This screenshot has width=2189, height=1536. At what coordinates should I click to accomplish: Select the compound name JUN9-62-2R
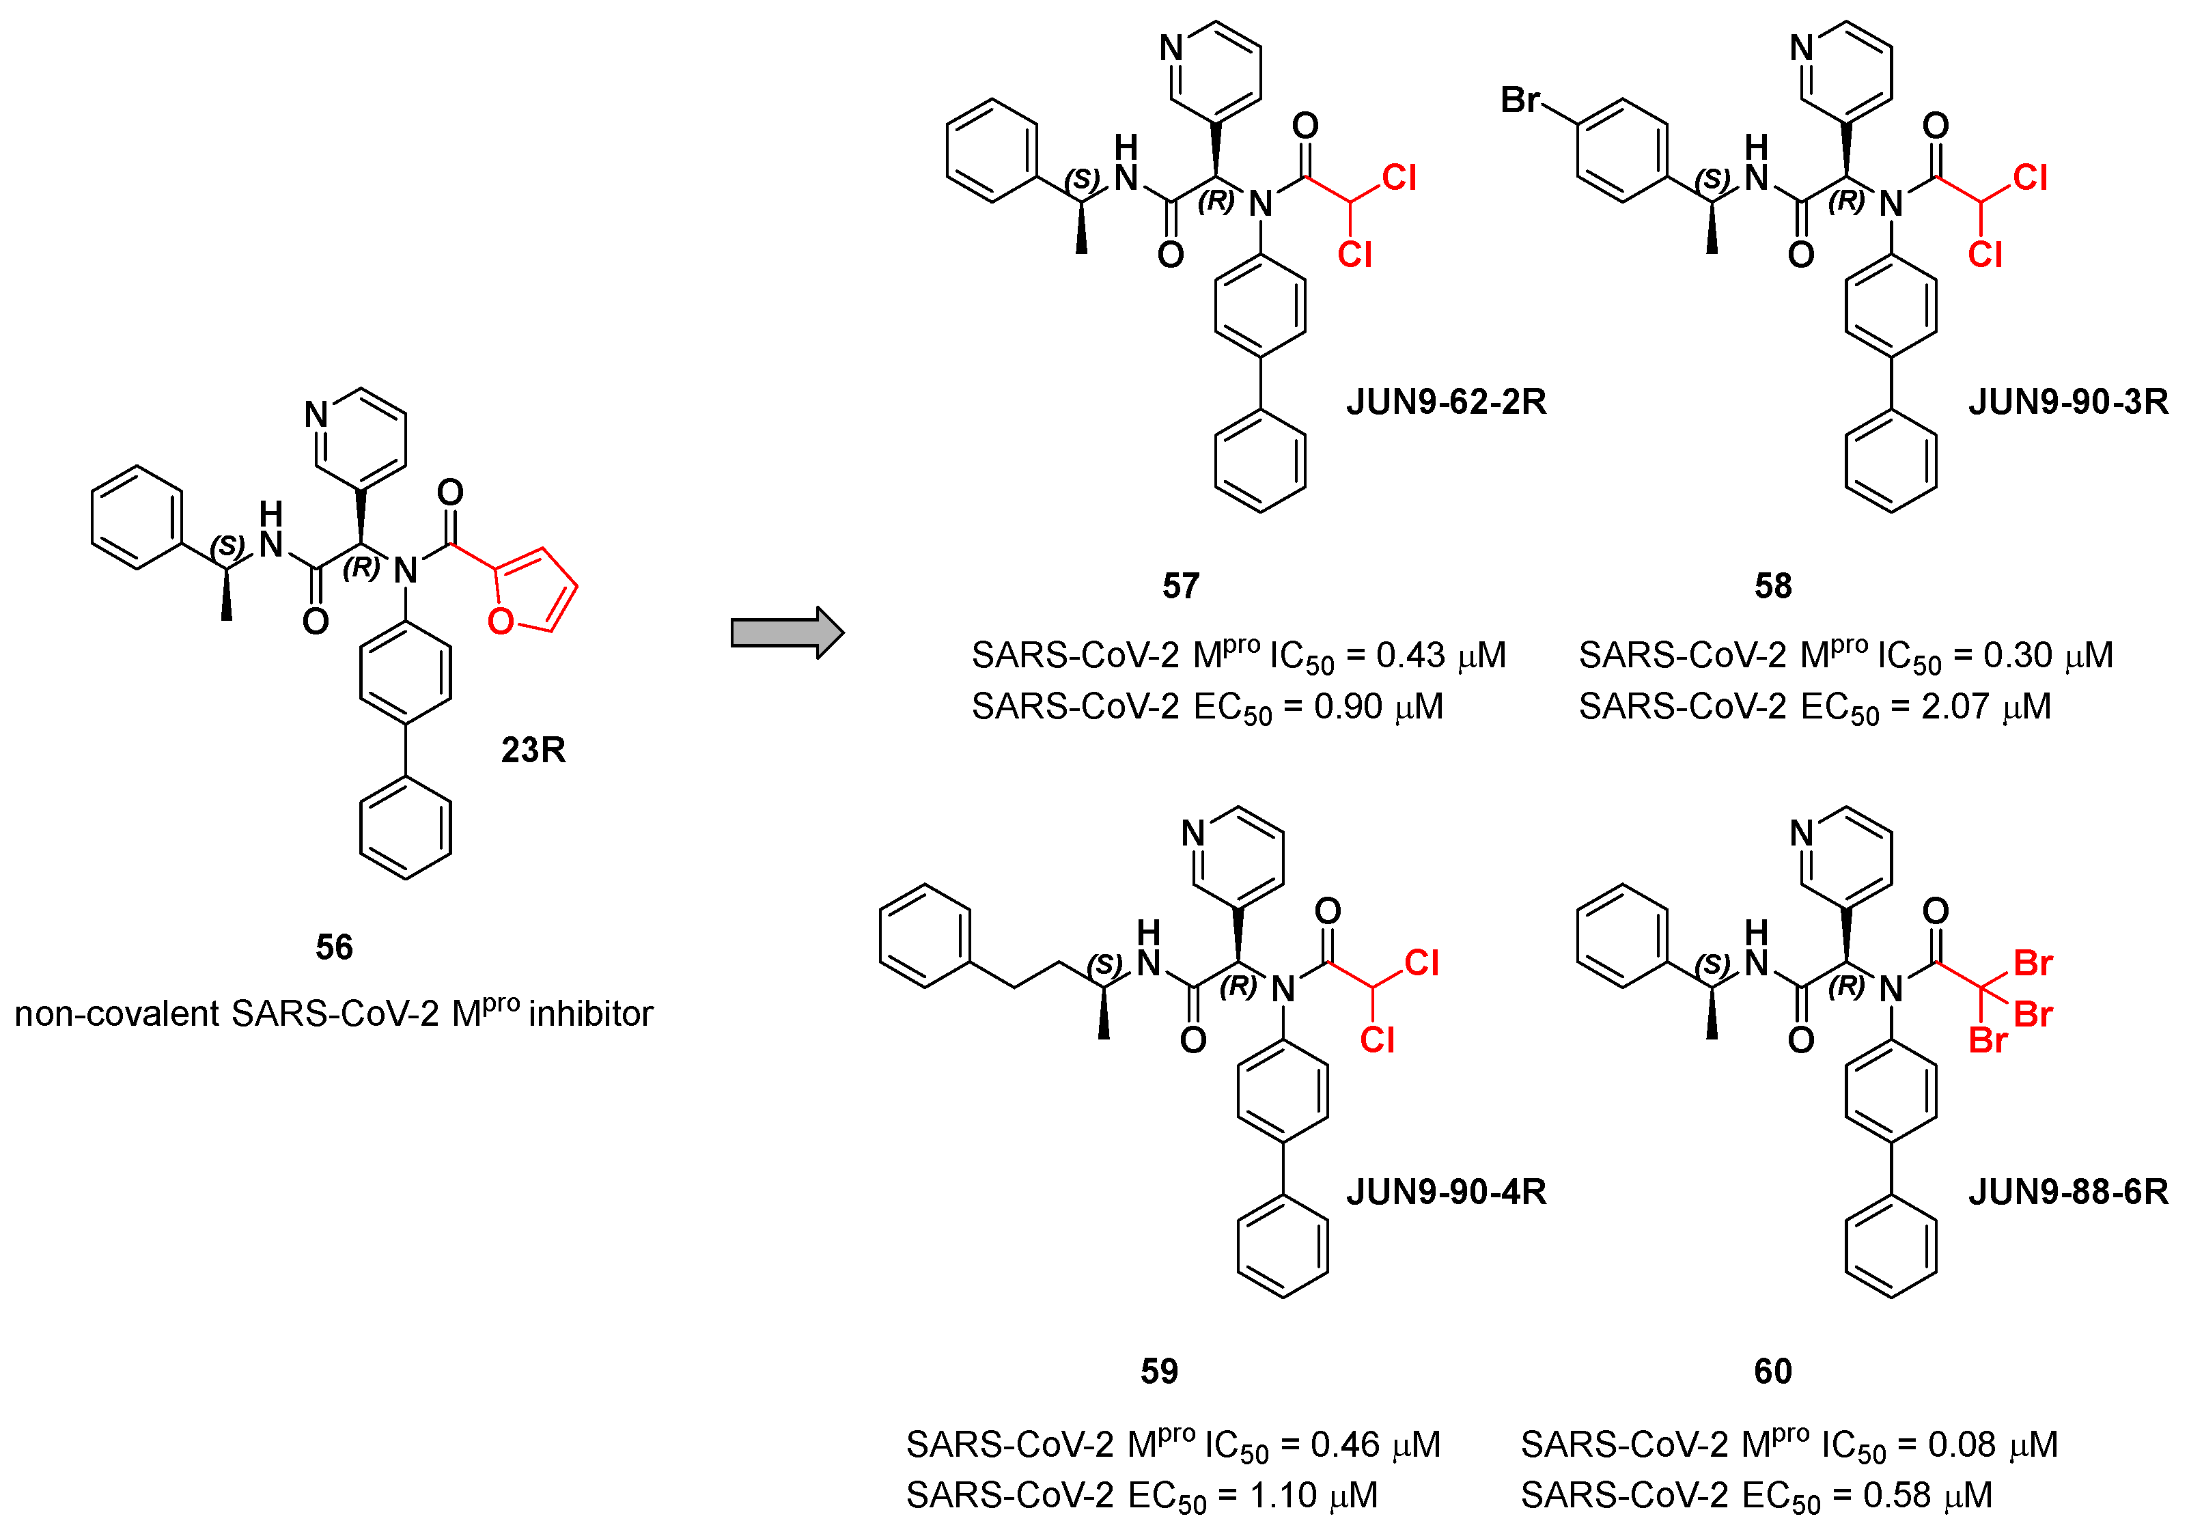1445,402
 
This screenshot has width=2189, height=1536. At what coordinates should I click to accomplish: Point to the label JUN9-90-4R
1445,1192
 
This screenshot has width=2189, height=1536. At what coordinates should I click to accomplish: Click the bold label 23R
533,751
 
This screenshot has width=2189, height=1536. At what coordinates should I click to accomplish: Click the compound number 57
1180,585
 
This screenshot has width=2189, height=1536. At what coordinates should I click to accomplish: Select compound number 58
1772,585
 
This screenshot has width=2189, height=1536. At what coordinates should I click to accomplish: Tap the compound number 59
1159,1371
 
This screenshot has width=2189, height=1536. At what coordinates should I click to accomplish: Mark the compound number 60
1772,1371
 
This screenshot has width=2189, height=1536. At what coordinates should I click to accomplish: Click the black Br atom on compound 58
1520,99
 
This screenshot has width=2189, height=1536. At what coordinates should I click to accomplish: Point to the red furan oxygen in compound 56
501,622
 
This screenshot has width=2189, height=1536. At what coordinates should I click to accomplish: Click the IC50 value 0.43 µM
1440,656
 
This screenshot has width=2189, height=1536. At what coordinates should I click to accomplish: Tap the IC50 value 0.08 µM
1992,1445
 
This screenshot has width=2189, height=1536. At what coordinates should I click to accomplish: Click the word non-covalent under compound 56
116,1014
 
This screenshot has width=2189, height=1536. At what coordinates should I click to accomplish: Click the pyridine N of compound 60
1801,833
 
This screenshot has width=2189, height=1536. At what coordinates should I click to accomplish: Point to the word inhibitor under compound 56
590,1014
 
